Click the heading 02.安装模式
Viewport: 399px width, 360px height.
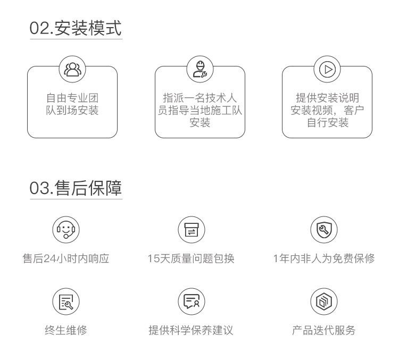click(x=76, y=27)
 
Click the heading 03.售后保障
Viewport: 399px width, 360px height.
click(x=76, y=188)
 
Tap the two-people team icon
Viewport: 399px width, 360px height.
click(x=72, y=69)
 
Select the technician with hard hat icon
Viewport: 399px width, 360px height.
click(x=200, y=69)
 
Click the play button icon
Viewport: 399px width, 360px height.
click(x=327, y=69)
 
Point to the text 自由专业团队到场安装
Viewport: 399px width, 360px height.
click(x=72, y=104)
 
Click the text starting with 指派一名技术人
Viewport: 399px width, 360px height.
click(x=200, y=110)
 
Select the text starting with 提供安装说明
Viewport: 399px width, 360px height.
click(x=327, y=110)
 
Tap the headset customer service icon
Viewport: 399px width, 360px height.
click(x=65, y=230)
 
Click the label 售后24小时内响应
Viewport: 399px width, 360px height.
click(x=65, y=259)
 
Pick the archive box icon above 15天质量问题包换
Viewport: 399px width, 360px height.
click(x=191, y=230)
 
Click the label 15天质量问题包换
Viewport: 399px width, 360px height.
click(x=191, y=259)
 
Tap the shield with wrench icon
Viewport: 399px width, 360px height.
click(x=323, y=230)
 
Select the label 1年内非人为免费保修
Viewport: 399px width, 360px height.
click(x=323, y=259)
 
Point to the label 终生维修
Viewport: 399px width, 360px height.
click(x=65, y=330)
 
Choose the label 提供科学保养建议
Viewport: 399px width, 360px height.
click(x=191, y=330)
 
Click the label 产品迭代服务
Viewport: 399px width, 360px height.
click(x=323, y=330)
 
